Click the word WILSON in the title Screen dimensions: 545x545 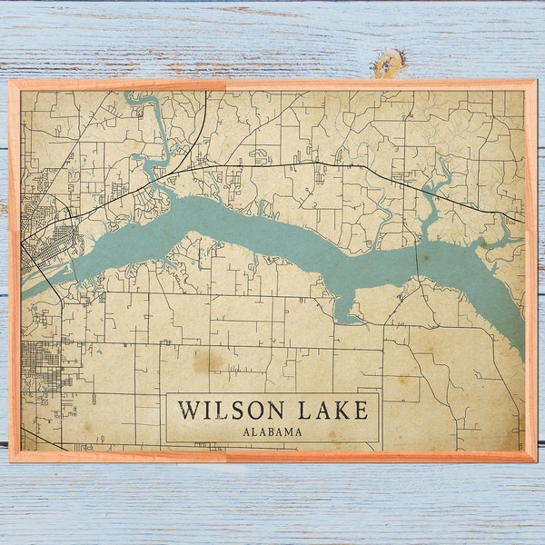coord(228,410)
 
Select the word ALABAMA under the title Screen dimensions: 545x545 coord(272,431)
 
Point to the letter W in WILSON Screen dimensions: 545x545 coord(188,410)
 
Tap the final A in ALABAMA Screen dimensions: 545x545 coord(298,431)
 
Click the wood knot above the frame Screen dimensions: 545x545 coord(388,63)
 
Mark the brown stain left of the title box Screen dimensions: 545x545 coord(208,361)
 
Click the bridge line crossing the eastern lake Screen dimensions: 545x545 coord(419,263)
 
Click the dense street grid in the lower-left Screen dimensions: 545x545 coord(40,363)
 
